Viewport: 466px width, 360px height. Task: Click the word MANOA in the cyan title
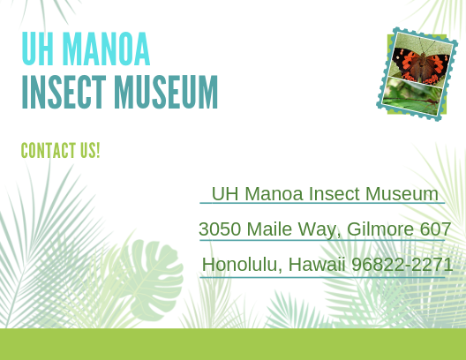(x=107, y=49)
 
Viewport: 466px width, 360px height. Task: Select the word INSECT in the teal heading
(x=64, y=92)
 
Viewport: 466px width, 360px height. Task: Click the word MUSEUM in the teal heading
(x=166, y=92)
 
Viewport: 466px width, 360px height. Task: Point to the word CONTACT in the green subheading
(x=49, y=150)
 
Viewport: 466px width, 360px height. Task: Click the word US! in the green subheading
(x=90, y=150)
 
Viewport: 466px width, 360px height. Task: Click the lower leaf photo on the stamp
(x=411, y=96)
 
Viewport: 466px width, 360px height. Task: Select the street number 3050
(x=220, y=229)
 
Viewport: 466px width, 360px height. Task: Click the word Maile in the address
(x=269, y=229)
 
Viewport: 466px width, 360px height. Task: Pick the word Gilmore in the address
(x=380, y=229)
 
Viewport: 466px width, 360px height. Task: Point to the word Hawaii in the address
(x=317, y=265)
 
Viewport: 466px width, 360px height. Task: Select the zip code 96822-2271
(x=402, y=265)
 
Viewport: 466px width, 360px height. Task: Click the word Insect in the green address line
(x=334, y=193)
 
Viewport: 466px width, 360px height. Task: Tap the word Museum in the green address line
(x=402, y=193)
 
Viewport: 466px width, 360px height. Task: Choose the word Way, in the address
(x=319, y=229)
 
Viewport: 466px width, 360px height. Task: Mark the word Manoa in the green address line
(x=274, y=193)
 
